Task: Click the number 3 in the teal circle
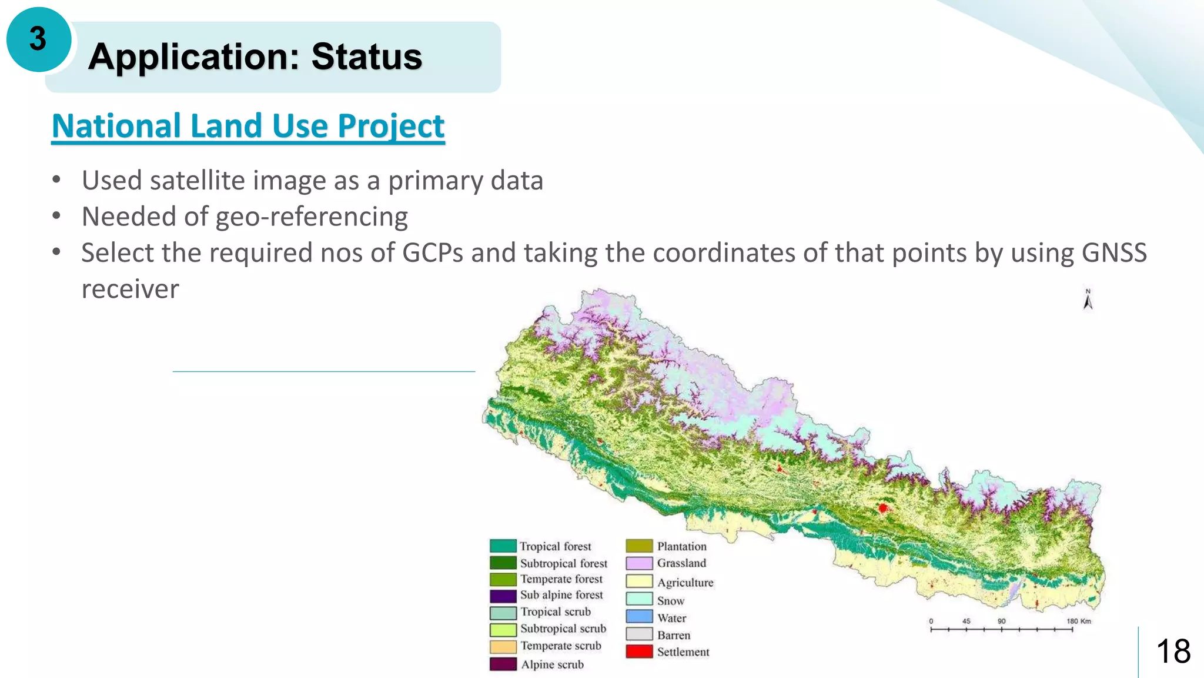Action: [38, 39]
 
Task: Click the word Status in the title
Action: [366, 56]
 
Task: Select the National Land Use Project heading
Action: [248, 127]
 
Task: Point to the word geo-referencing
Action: [312, 217]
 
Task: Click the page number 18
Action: [1173, 652]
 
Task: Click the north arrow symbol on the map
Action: [1088, 300]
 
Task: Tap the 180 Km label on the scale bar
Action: [1079, 621]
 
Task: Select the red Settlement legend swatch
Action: [639, 652]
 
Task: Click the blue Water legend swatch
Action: [639, 617]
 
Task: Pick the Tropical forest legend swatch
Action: [503, 546]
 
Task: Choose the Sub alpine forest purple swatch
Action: [503, 595]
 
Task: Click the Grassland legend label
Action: [681, 563]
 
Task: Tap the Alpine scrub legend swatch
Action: [503, 664]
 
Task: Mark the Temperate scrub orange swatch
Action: [503, 646]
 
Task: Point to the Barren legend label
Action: [674, 635]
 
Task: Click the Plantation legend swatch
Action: [639, 546]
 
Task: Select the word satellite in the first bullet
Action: [196, 181]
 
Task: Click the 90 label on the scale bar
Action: [1001, 621]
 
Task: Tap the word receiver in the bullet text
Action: [130, 289]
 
